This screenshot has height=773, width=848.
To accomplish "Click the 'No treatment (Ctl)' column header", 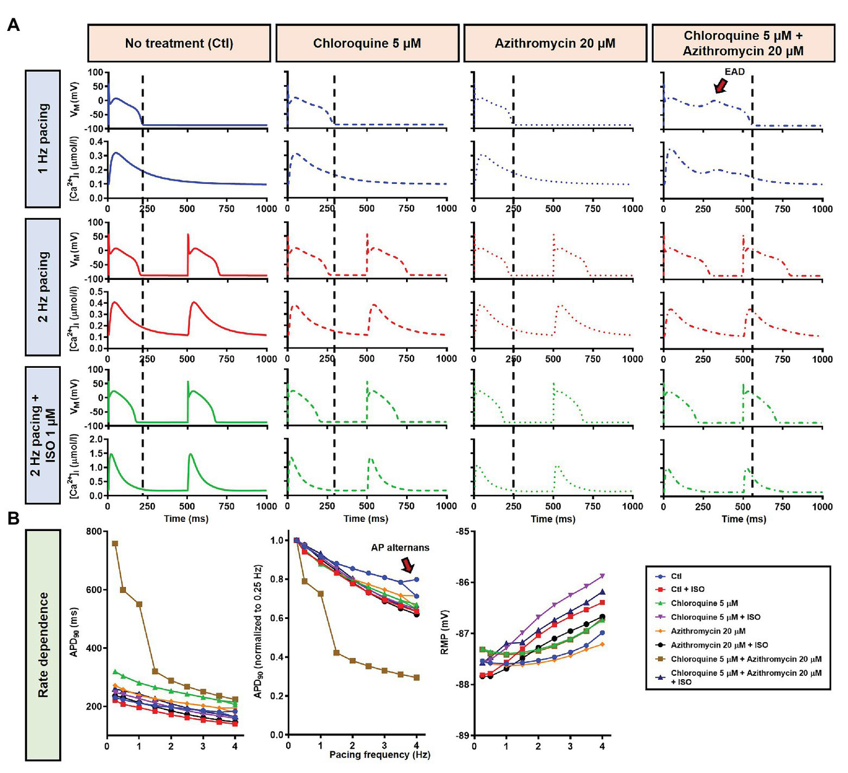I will (x=179, y=43).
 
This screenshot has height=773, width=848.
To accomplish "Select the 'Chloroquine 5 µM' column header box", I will (x=367, y=43).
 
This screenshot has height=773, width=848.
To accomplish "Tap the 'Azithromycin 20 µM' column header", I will (x=555, y=43).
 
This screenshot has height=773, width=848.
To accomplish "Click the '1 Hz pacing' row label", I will (x=43, y=139).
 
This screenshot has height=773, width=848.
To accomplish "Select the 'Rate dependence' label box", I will (x=43, y=645).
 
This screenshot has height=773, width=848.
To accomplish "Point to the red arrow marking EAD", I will (x=720, y=86).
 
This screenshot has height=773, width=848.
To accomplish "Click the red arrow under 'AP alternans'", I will (x=408, y=565).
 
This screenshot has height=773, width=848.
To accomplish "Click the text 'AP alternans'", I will (x=400, y=548).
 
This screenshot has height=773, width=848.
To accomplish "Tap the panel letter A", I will (x=13, y=25).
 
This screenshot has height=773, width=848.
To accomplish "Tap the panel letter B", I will (x=13, y=518).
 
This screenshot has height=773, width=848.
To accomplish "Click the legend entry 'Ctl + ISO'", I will (x=687, y=589).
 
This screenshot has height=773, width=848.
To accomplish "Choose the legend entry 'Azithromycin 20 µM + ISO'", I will (x=719, y=645).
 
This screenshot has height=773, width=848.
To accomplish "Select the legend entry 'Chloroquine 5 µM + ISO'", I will (x=715, y=617).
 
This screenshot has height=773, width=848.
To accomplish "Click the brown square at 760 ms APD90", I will (x=115, y=544).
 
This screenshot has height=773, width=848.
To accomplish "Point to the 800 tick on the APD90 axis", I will (x=94, y=532).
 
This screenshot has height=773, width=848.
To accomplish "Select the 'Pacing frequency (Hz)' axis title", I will (x=380, y=754).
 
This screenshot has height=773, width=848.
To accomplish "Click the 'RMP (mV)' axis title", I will (x=445, y=632).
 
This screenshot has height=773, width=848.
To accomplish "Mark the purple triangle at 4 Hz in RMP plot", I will (x=602, y=576).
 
